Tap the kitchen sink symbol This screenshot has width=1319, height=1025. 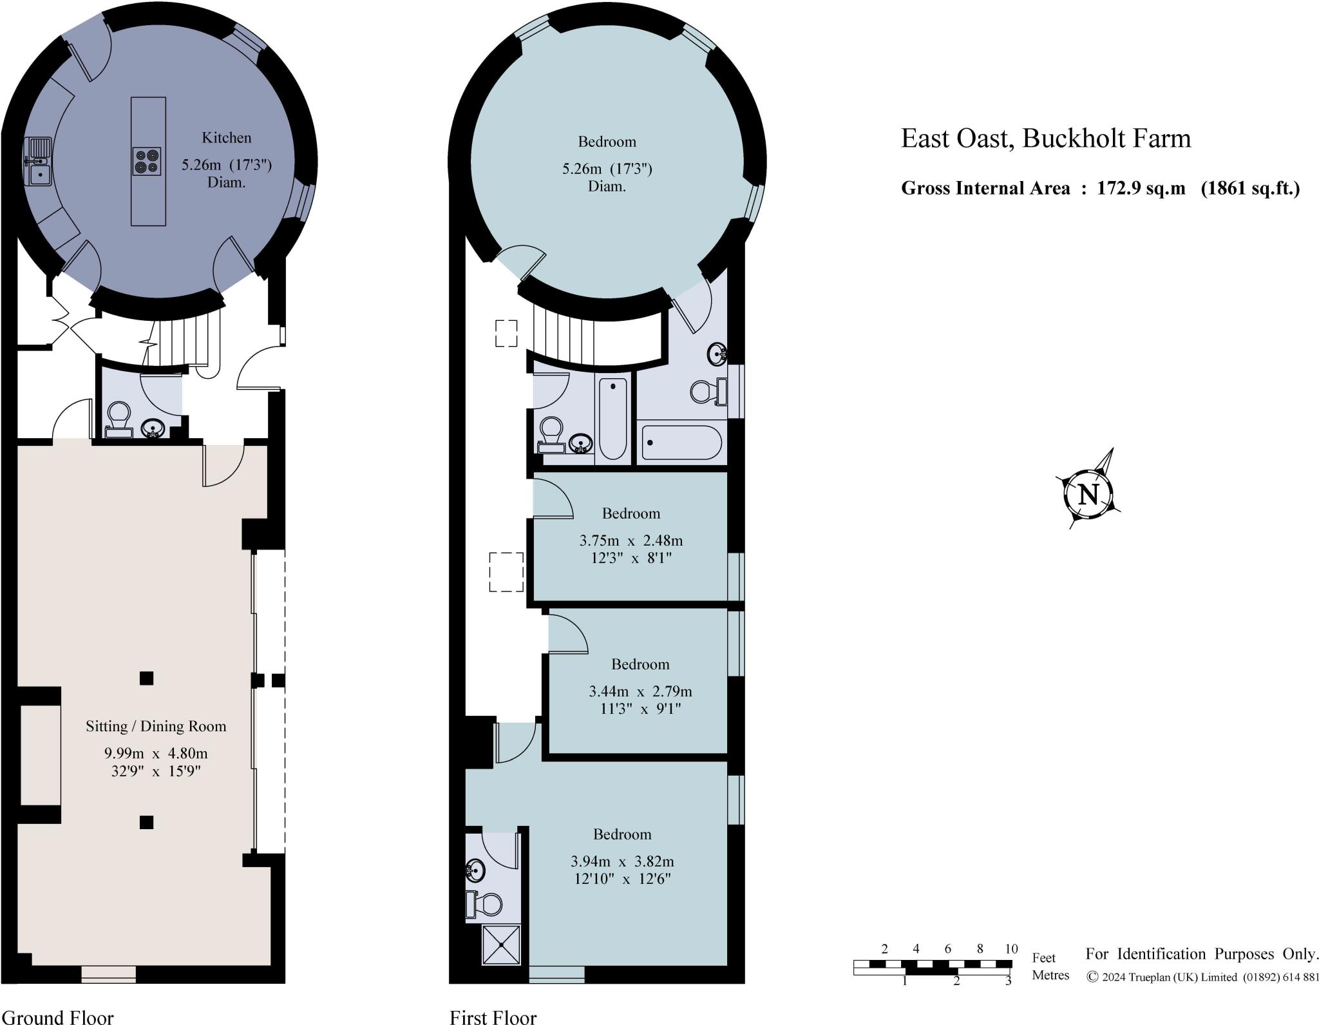click(38, 161)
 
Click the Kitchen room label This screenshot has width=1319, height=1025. click(226, 138)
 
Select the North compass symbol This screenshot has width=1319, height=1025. click(1088, 495)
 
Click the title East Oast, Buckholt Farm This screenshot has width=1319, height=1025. click(1045, 139)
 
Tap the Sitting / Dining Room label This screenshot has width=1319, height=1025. click(156, 726)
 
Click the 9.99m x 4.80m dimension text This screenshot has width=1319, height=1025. click(156, 753)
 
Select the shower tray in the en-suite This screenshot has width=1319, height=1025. click(500, 945)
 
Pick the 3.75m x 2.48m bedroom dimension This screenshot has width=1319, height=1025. click(631, 540)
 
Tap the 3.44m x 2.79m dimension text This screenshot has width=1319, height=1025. click(640, 691)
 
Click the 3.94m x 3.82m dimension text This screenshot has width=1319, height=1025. click(622, 861)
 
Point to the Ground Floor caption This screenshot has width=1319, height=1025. click(57, 1017)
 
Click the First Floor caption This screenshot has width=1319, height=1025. click(493, 1017)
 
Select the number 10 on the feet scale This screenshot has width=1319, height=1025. click(1011, 948)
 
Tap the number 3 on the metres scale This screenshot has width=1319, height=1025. click(1008, 981)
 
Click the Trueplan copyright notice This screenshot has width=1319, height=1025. click(1202, 977)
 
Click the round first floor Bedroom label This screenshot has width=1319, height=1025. click(607, 142)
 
